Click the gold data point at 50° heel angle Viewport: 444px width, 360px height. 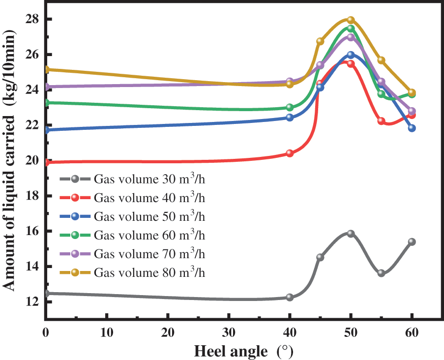tap(351, 20)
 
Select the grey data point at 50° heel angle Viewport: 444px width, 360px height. tap(351, 234)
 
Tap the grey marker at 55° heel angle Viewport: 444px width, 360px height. tap(381, 273)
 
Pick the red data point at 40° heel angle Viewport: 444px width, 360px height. tap(290, 153)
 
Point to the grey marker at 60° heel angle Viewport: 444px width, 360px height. tap(412, 241)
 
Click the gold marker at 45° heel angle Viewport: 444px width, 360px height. tap(320, 41)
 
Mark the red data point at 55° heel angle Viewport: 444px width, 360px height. tap(381, 121)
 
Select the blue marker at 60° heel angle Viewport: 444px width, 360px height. tap(412, 128)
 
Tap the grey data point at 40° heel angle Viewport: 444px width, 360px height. tap(290, 297)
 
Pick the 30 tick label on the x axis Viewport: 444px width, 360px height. tap(229, 333)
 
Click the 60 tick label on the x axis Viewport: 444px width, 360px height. tap(412, 333)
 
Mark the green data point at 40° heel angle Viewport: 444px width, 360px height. tap(290, 107)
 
